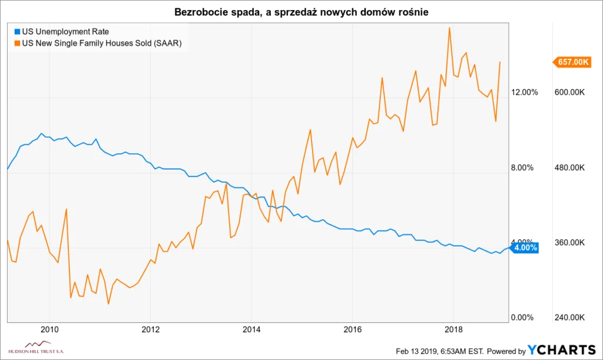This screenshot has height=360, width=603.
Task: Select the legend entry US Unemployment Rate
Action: click(x=65, y=31)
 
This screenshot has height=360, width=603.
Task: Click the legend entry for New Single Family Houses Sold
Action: click(x=101, y=43)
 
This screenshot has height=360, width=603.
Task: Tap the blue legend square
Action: click(x=16, y=31)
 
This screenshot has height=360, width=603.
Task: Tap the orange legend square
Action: click(x=16, y=43)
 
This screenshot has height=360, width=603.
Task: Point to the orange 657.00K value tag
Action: click(x=572, y=62)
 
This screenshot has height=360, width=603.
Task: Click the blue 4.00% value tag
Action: click(x=525, y=248)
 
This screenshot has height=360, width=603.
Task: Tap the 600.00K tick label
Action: click(x=570, y=93)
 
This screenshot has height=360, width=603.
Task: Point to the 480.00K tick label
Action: click(x=570, y=168)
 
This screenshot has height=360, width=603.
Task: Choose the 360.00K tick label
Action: click(x=570, y=243)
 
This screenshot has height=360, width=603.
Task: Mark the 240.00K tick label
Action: click(x=570, y=318)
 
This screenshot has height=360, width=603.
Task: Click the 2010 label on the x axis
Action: click(x=50, y=329)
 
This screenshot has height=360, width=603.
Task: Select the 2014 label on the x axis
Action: click(x=251, y=329)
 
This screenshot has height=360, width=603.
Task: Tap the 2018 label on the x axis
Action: click(x=453, y=329)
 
